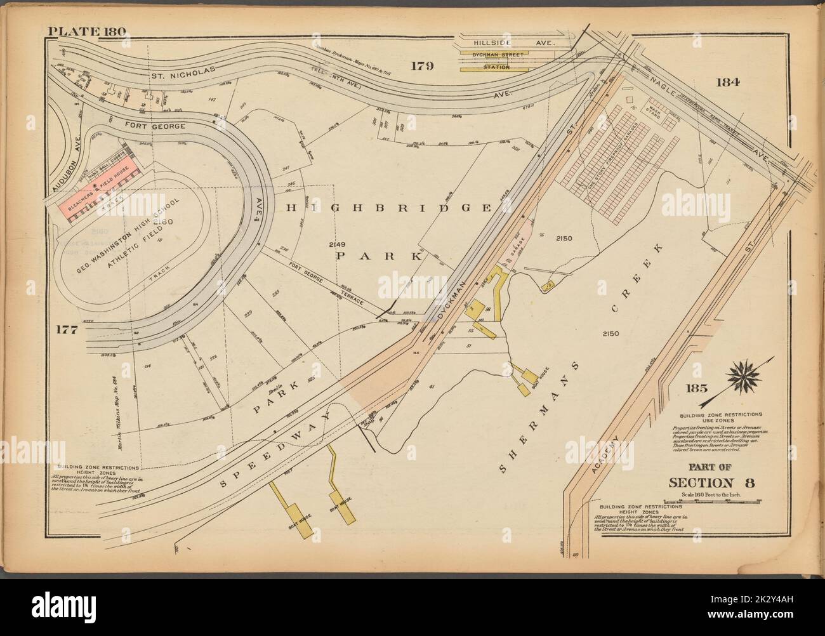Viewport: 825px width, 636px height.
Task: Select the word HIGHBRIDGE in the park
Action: tap(388, 208)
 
